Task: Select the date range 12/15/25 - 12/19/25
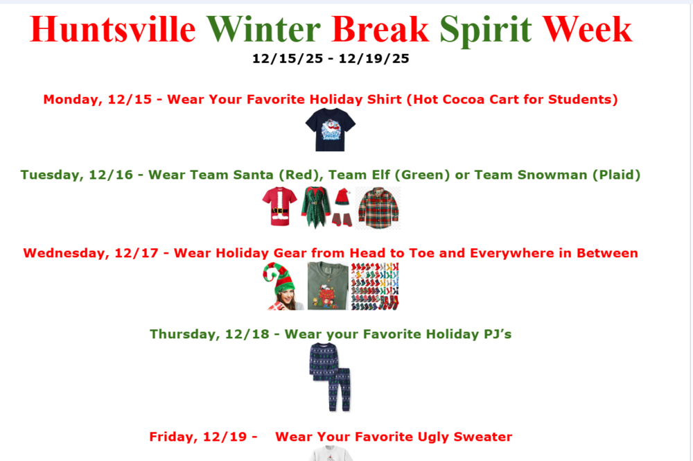tap(331, 59)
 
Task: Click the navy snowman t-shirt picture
tap(331, 130)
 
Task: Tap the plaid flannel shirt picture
tap(378, 207)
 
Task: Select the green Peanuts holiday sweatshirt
tap(327, 286)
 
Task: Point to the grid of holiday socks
tap(375, 286)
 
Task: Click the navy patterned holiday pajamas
tap(330, 376)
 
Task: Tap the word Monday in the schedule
tap(69, 99)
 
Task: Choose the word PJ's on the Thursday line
tap(496, 334)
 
